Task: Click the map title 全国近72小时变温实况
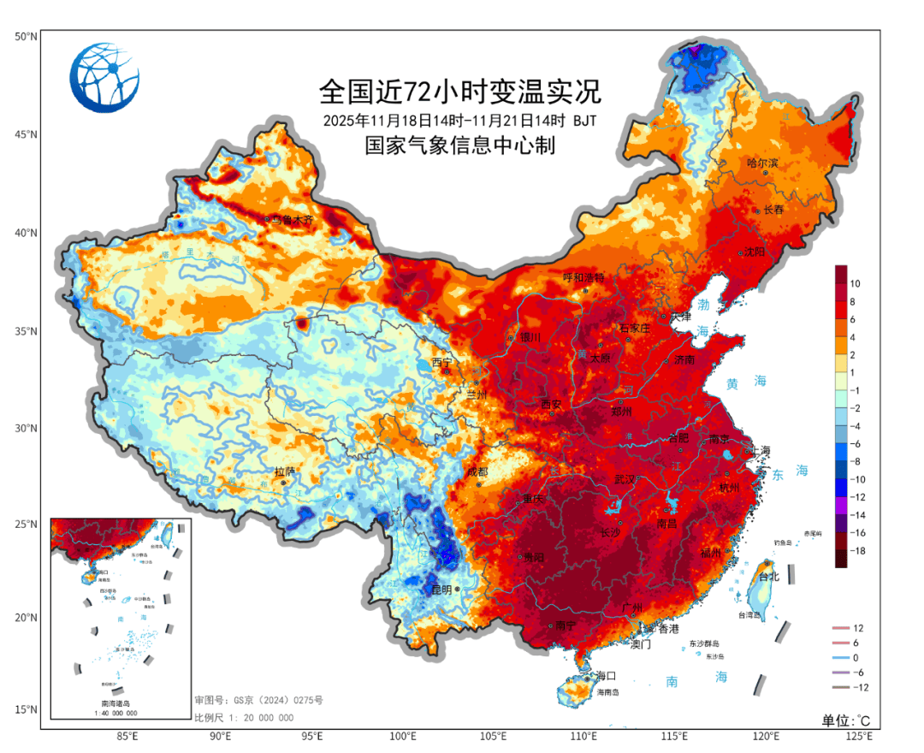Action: click(460, 90)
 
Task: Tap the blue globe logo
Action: click(105, 78)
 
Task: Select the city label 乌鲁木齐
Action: click(293, 220)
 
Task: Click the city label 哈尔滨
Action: click(762, 163)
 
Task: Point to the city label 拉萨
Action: click(284, 471)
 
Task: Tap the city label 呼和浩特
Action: click(583, 277)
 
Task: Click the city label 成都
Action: click(478, 471)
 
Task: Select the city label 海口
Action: click(607, 676)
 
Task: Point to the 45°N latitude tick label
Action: click(26, 134)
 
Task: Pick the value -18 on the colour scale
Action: click(858, 552)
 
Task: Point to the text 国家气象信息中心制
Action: click(460, 145)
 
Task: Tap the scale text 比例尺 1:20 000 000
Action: click(244, 717)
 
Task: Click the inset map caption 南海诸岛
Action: click(120, 703)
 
